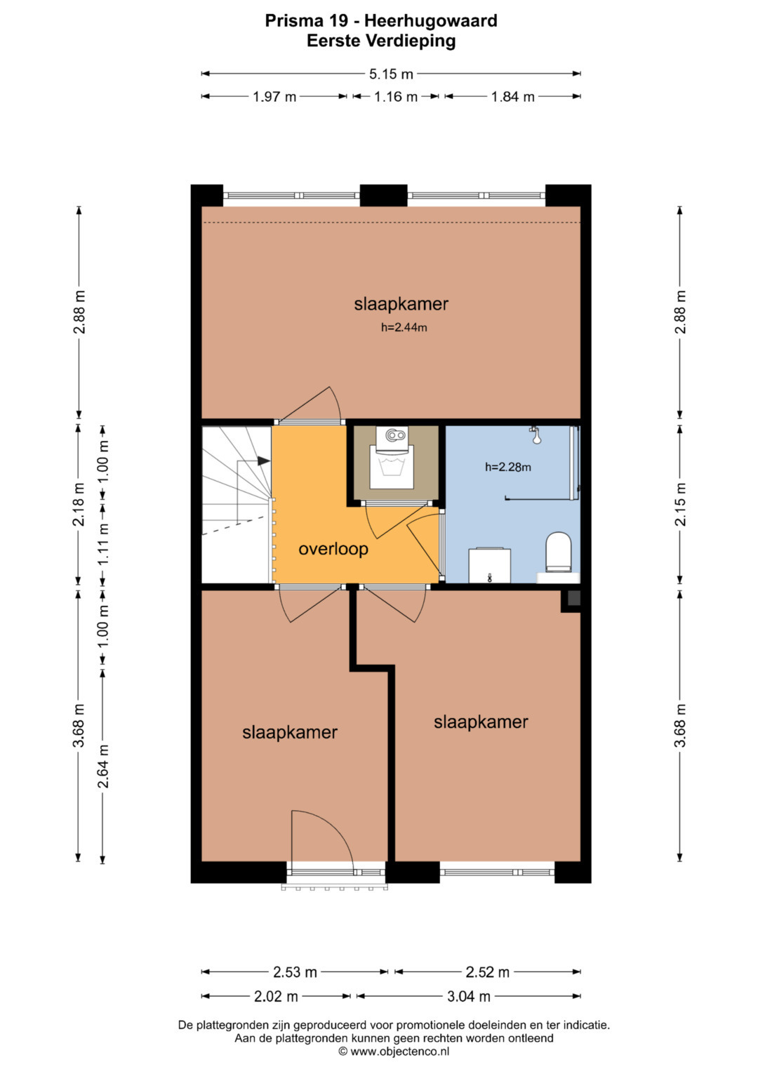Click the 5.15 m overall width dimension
pos(391,74)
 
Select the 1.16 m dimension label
pos(396,97)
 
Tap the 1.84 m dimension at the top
pos(512,97)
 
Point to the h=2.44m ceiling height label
pos(404,327)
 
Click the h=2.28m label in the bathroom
pos(507,467)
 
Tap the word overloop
pos(333,549)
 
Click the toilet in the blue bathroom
pos(559,552)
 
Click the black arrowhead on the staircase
pos(264,461)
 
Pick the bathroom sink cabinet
pos(490,566)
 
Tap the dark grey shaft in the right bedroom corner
pos(574,598)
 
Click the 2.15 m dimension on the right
pos(680,504)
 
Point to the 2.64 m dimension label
pos(103,766)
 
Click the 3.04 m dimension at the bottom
pos(469,996)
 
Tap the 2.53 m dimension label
pos(295,972)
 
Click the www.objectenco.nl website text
pos(400,1052)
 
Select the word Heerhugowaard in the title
pos(431,20)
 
